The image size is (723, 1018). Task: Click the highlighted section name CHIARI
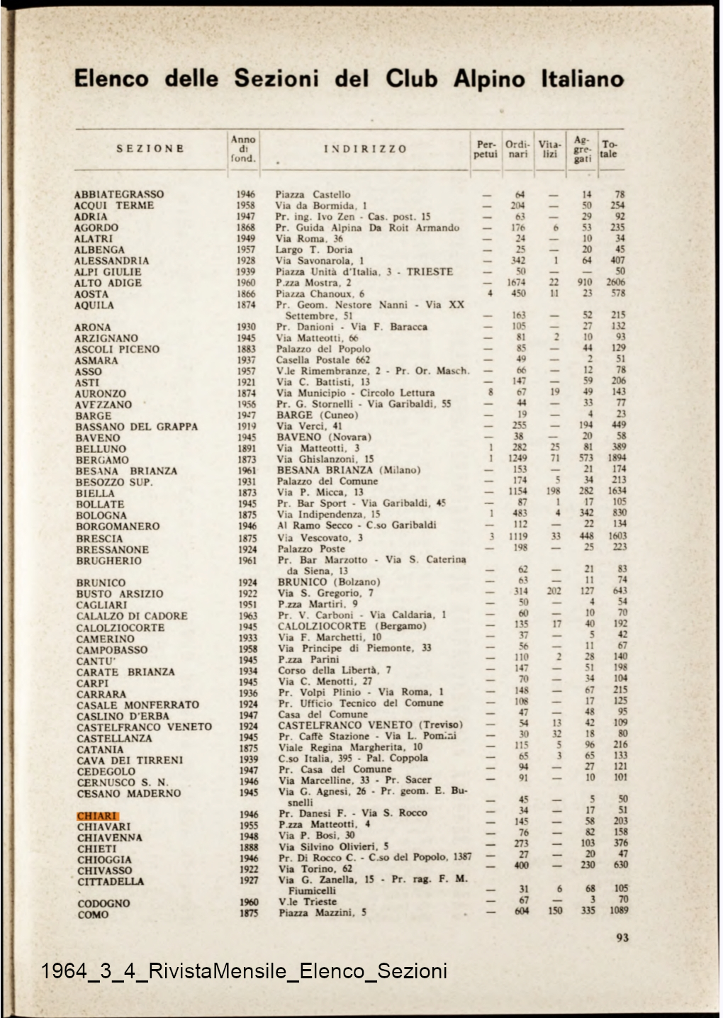coord(97,816)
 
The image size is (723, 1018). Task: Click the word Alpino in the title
coord(491,78)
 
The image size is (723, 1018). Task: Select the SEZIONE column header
coord(150,149)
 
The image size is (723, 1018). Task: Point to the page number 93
coord(622,938)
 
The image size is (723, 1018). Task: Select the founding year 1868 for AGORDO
coord(246,228)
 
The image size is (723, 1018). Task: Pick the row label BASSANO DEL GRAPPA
coord(137,427)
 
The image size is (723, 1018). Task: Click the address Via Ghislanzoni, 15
coord(325,459)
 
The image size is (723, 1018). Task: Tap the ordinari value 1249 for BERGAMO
coord(518,459)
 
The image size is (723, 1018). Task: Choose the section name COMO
coord(93,914)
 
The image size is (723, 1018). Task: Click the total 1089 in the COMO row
coord(618,911)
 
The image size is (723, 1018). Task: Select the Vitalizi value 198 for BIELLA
coord(554,491)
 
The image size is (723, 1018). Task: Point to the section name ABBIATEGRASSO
coord(119,194)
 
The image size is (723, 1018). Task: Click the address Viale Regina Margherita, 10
coord(350,747)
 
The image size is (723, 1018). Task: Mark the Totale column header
coord(608,149)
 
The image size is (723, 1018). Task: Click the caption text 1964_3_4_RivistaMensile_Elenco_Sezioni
coord(244,971)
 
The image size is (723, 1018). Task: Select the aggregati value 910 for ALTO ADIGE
coord(585,283)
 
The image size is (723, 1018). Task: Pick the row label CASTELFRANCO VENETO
coord(144,727)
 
